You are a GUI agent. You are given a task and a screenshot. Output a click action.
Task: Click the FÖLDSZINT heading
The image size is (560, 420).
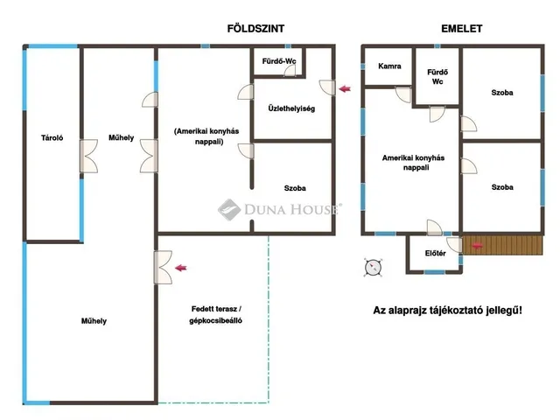tap(255, 29)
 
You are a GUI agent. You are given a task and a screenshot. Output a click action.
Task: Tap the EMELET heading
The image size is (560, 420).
tap(461, 29)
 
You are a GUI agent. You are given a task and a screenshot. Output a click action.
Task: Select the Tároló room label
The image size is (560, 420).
tap(52, 137)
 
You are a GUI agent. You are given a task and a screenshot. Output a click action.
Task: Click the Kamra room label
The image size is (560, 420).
tap(389, 66)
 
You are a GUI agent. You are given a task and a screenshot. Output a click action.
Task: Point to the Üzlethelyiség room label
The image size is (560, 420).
tap(291, 108)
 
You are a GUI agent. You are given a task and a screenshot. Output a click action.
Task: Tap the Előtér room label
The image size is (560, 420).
tap(436, 253)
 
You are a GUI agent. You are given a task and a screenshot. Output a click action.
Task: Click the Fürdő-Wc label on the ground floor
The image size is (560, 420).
tap(279, 61)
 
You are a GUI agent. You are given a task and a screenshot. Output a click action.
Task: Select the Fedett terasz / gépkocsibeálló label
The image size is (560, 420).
tap(216, 315)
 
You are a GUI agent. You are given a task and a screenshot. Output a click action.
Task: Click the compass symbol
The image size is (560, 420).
tap(374, 268)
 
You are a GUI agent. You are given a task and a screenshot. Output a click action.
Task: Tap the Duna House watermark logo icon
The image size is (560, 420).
tap(229, 209)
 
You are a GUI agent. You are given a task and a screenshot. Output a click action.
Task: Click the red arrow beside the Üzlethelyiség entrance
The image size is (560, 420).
tap(345, 88)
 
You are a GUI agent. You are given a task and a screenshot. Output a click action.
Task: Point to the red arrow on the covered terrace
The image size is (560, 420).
tap(181, 268)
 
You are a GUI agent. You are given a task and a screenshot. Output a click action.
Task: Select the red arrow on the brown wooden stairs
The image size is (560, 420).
tap(478, 246)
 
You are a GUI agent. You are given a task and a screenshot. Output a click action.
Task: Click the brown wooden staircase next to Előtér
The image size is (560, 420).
tap(502, 245)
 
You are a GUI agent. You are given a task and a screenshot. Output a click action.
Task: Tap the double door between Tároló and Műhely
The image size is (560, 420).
tap(88, 156)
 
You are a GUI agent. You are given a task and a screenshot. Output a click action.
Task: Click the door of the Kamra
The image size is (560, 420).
tap(404, 94)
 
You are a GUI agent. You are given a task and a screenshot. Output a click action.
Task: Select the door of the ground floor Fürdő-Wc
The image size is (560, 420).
tap(290, 71)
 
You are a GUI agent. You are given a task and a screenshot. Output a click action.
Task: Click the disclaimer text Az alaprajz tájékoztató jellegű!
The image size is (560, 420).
tap(447, 310)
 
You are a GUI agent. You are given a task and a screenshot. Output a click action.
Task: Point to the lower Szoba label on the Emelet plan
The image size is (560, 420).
tap(502, 186)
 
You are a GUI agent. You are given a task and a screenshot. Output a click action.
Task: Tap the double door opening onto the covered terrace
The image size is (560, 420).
tap(163, 268)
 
